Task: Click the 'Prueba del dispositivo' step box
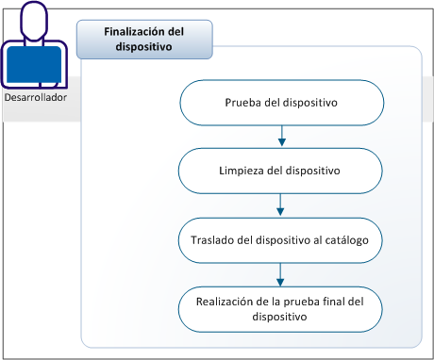(281, 103)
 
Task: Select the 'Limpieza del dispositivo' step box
(281, 172)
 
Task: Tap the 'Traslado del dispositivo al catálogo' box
(281, 240)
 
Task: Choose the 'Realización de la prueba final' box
(281, 309)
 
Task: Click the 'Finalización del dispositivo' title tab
(143, 40)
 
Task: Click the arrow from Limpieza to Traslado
(281, 205)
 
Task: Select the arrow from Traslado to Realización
(281, 274)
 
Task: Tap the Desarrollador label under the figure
(36, 96)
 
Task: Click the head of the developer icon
(35, 21)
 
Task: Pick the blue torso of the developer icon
(35, 64)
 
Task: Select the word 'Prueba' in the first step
(244, 103)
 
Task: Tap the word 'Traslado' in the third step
(202, 240)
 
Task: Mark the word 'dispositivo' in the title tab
(143, 48)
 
